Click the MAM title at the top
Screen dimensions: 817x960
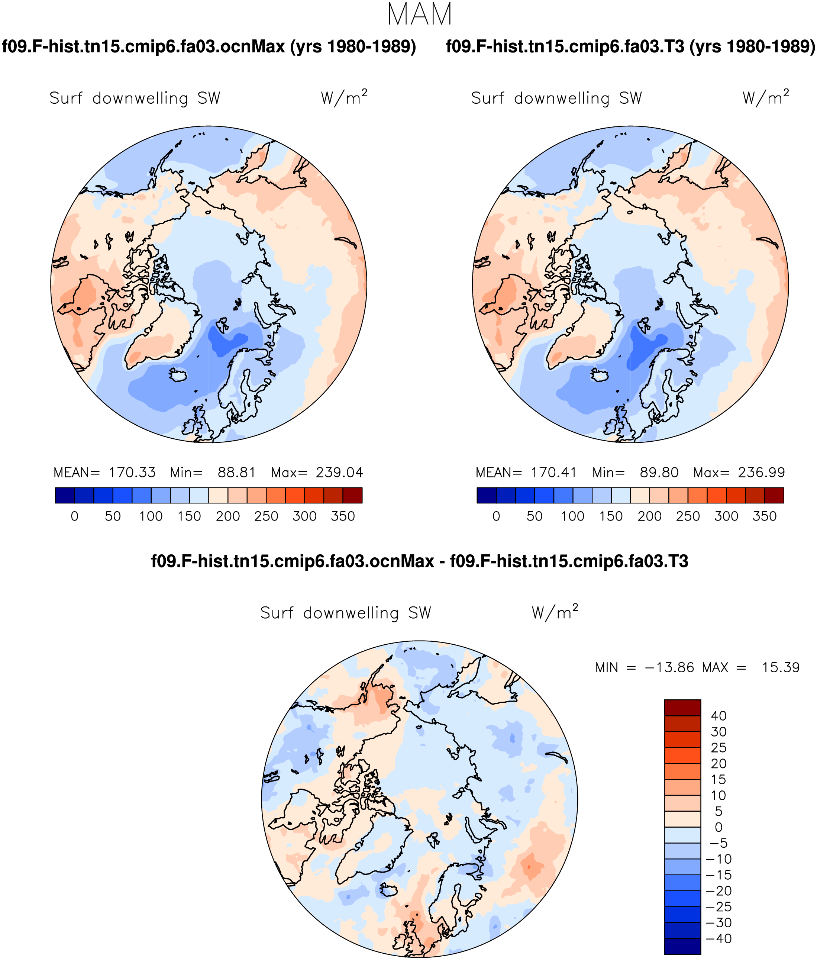click(x=419, y=15)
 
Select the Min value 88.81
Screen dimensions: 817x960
click(x=237, y=473)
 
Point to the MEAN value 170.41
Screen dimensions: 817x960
click(x=553, y=473)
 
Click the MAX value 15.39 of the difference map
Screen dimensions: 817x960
click(x=781, y=668)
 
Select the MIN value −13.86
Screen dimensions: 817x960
click(x=669, y=668)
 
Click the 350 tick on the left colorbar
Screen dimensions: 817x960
click(x=343, y=516)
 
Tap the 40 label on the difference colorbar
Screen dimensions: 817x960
click(x=718, y=716)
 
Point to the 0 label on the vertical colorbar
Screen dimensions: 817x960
click(x=718, y=827)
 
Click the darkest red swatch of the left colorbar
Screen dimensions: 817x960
click(x=352, y=495)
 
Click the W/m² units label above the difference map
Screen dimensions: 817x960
click(x=555, y=612)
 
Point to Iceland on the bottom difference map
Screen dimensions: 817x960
click(x=390, y=890)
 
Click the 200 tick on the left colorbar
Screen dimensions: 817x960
click(x=228, y=516)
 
